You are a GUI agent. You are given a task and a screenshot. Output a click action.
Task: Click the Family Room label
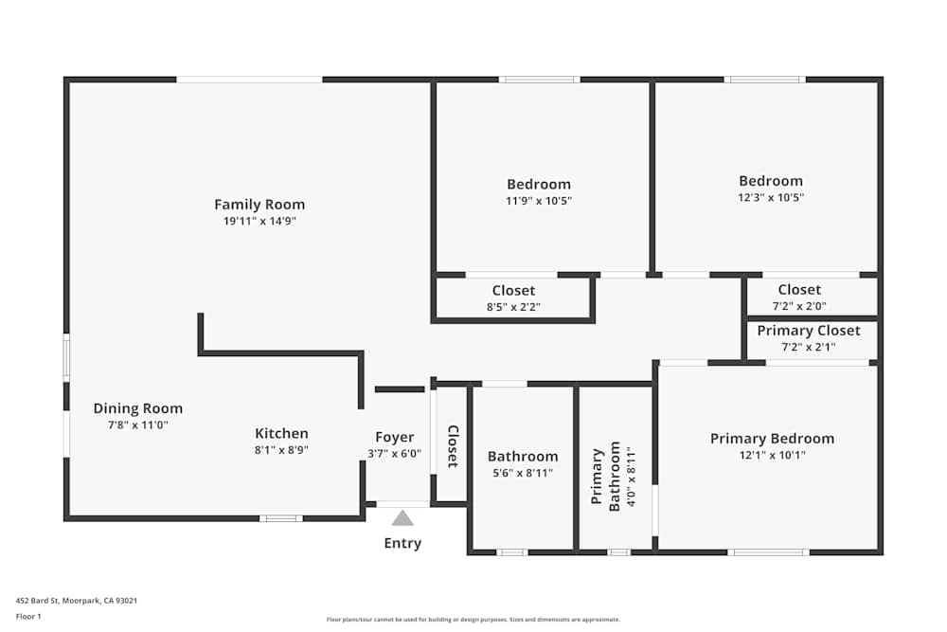[259, 205]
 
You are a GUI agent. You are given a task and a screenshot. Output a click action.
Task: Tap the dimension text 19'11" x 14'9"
[259, 222]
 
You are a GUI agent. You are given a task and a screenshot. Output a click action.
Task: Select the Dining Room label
[138, 408]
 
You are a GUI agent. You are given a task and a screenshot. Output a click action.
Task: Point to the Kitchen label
[281, 434]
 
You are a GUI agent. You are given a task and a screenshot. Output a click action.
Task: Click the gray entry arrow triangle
[402, 517]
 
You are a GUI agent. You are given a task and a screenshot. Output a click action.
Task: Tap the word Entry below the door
[402, 543]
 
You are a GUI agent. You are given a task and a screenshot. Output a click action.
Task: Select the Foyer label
[395, 437]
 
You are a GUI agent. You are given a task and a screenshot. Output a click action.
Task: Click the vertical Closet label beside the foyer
[453, 446]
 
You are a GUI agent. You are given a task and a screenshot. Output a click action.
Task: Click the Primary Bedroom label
[772, 439]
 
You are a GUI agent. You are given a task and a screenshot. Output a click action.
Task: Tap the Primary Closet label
[809, 331]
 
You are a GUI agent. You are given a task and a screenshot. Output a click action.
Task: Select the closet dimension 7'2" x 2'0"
[799, 306]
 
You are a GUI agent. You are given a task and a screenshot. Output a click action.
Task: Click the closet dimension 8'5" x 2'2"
[513, 307]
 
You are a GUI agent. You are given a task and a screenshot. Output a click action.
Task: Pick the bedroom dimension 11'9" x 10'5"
[539, 201]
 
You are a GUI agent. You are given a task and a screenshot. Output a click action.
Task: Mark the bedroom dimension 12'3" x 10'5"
[771, 198]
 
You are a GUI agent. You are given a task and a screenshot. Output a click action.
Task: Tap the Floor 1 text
[28, 616]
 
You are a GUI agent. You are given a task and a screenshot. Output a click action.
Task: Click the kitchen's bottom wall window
[281, 518]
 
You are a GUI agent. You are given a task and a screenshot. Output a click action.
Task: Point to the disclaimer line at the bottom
[473, 619]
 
